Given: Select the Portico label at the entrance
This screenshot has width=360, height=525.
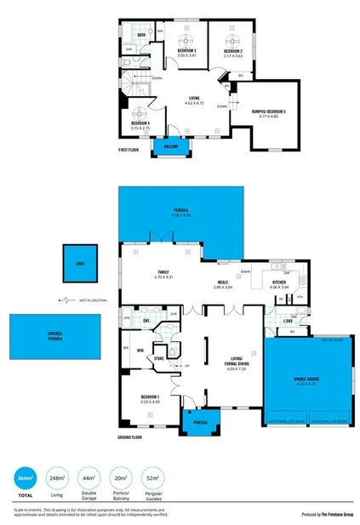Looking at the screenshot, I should [x=201, y=421].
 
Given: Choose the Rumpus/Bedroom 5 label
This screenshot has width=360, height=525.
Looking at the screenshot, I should [x=268, y=111].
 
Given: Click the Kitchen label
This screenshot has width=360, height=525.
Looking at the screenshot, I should [x=280, y=282].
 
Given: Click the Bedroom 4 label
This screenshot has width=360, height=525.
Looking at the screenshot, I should [x=140, y=123].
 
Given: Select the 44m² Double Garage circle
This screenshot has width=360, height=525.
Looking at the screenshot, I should [x=89, y=481].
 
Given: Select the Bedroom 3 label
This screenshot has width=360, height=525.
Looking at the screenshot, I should [x=187, y=51].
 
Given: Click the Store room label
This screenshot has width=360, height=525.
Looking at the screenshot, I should [x=158, y=358].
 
